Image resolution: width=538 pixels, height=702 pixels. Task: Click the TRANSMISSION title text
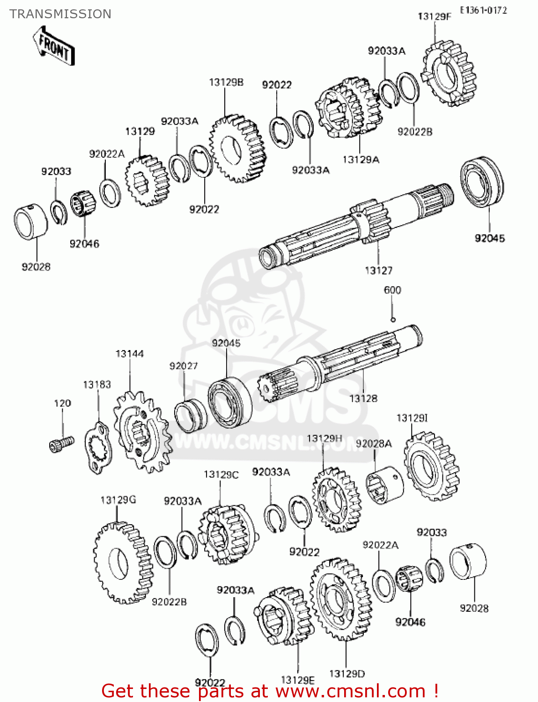tap(60, 14)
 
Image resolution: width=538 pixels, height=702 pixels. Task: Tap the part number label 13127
tap(378, 270)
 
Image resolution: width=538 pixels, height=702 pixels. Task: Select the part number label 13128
tap(363, 398)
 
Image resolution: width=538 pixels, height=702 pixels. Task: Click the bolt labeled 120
tap(61, 443)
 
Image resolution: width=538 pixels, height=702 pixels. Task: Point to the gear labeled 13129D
tap(339, 599)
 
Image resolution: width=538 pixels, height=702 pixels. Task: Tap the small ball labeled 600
tap(393, 320)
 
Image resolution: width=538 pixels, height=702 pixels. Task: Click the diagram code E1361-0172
tap(483, 10)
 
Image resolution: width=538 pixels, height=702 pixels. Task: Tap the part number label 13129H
tap(324, 438)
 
